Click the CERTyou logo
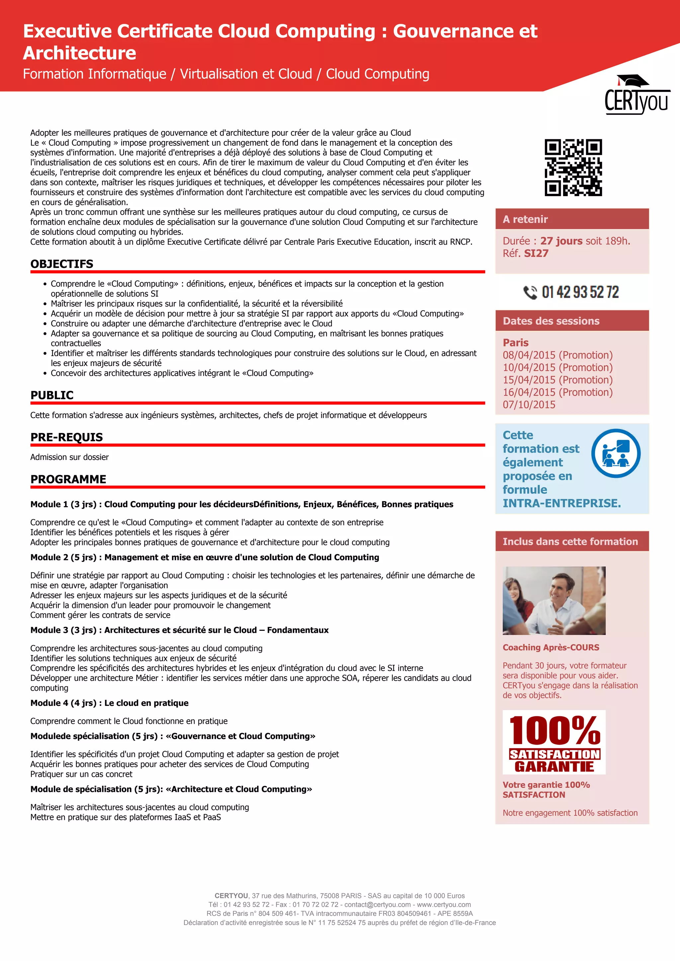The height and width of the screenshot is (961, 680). (x=637, y=96)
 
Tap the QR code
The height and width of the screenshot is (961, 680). (x=573, y=168)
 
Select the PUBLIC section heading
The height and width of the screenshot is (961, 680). (x=52, y=395)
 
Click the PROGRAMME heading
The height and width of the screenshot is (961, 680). (x=68, y=479)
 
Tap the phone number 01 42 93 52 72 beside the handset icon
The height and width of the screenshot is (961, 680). (x=580, y=292)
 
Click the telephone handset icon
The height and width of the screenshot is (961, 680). (x=530, y=292)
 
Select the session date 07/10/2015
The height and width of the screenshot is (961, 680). (x=529, y=405)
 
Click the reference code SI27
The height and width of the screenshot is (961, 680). (x=536, y=253)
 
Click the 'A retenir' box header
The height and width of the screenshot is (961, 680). (x=572, y=219)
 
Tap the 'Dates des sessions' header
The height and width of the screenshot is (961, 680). (x=572, y=321)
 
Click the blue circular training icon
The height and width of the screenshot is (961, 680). (x=616, y=453)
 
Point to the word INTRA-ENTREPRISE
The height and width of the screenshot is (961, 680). (x=561, y=503)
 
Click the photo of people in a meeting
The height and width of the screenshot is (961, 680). (x=554, y=601)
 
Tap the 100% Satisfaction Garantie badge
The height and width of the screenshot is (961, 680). (x=554, y=742)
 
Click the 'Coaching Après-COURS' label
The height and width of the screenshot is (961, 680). (x=551, y=647)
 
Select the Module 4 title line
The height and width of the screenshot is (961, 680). (x=109, y=703)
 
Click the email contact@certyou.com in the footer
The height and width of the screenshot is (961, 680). (x=377, y=905)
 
